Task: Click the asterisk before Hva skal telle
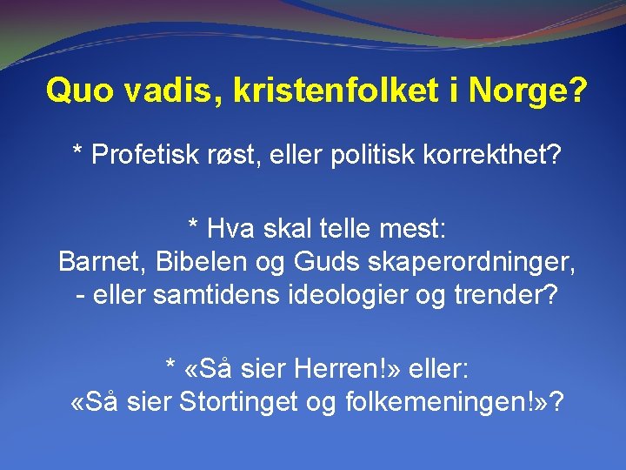click(193, 228)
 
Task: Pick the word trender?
click(496, 294)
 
